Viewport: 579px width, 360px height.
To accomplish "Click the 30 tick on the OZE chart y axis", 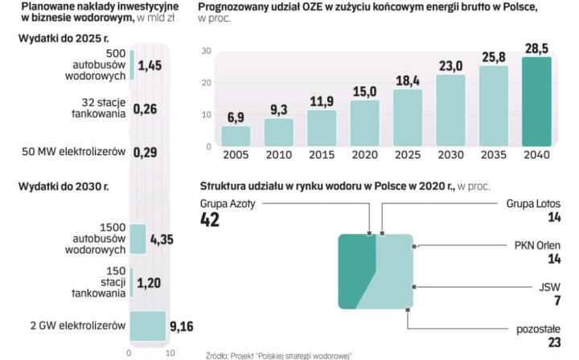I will click(x=206, y=51).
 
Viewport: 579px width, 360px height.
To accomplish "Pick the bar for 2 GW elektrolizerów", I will click(x=147, y=325).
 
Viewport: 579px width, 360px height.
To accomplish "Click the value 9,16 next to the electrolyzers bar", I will click(x=182, y=327).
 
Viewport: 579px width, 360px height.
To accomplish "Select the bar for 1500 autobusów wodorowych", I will click(x=138, y=239).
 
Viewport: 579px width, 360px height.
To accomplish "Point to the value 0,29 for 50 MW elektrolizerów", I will click(x=146, y=150).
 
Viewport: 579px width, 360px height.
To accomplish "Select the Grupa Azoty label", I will click(x=228, y=204).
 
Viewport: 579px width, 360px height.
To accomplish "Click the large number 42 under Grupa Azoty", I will click(x=210, y=220).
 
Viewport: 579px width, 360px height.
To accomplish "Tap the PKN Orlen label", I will click(x=539, y=244).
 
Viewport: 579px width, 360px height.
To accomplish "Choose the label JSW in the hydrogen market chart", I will click(x=552, y=286).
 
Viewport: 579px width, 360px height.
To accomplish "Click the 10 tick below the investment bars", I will click(x=169, y=352).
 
